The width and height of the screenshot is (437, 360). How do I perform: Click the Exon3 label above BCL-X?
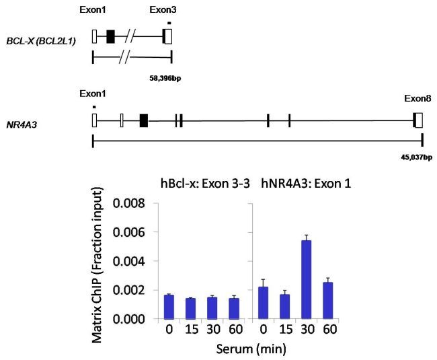coord(163,10)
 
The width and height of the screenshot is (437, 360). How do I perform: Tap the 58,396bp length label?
coord(165,78)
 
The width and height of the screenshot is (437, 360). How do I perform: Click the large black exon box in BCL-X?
coord(110,38)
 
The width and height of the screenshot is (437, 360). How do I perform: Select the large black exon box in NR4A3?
coord(143,120)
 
